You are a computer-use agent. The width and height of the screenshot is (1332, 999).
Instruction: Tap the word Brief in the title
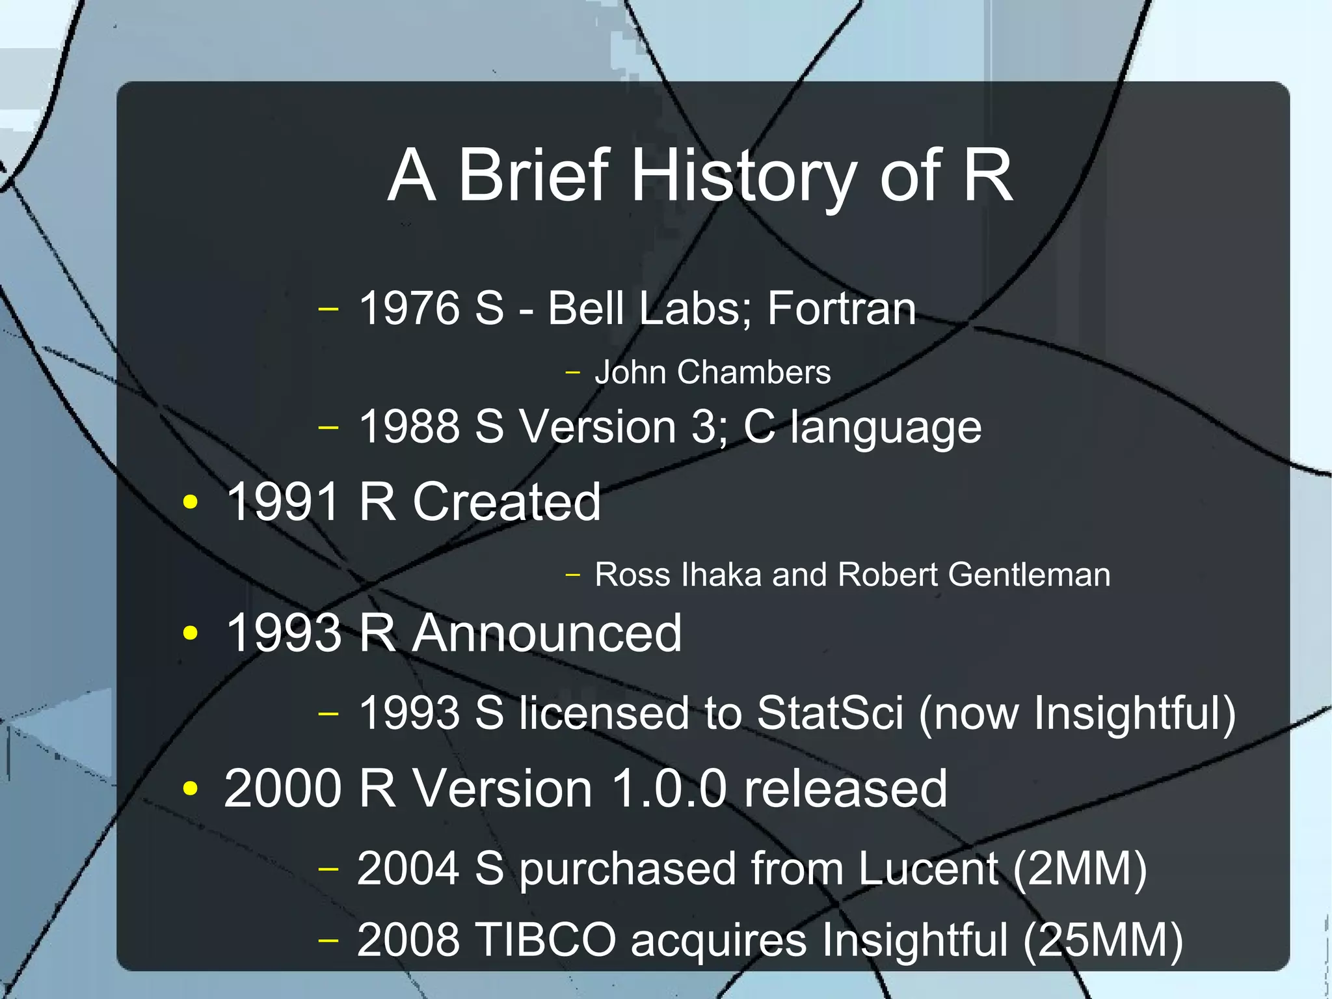tap(534, 174)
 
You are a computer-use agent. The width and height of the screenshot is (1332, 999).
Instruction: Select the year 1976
tap(409, 308)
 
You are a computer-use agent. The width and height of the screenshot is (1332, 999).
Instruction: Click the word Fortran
tap(842, 308)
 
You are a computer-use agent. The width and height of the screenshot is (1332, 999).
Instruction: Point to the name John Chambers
tap(712, 372)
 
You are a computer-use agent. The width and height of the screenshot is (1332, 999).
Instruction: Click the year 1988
tap(409, 427)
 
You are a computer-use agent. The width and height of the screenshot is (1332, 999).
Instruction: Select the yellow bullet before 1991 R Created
tap(190, 502)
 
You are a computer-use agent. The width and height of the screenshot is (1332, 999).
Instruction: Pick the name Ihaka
tap(721, 575)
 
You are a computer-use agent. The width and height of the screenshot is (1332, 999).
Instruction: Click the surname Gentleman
tap(1029, 575)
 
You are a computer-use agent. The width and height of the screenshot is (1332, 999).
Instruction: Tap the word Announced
tap(547, 633)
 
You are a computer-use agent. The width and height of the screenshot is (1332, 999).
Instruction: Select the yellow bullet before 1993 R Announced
tap(190, 633)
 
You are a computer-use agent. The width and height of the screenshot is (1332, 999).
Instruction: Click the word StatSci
tap(830, 713)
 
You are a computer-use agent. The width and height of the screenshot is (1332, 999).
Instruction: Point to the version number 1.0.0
tap(669, 789)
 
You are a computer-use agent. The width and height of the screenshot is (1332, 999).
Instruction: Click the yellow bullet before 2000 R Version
tap(190, 789)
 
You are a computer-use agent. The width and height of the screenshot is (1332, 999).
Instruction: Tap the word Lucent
tap(927, 869)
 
